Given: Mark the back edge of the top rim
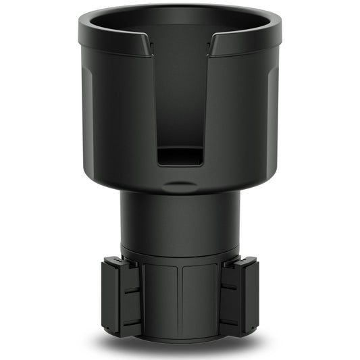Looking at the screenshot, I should (180, 7).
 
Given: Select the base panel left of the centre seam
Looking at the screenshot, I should (162, 297).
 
